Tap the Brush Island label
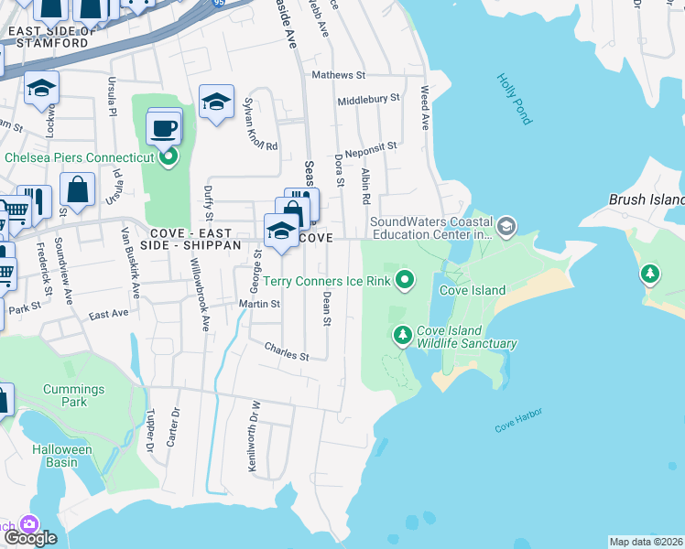pos(647,199)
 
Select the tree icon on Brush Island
pos(650,273)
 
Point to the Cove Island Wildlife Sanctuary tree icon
pos(401,336)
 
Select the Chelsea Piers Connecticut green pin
pos(169,157)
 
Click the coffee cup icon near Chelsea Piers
pos(164,129)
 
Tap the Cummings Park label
pos(74,395)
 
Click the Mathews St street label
pos(338,75)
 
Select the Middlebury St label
pos(368,98)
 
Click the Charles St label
pos(287,351)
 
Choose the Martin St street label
pos(259,303)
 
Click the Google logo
pos(30,537)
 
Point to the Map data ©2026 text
pos(646,542)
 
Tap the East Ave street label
pos(109,314)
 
